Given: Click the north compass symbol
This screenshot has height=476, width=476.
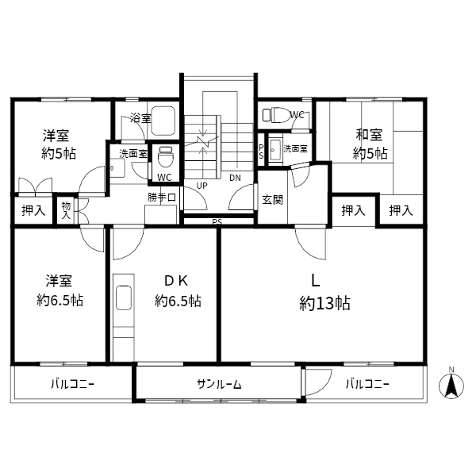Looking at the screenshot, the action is tap(451, 386).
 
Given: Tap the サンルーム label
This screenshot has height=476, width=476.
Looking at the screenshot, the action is tap(219, 385).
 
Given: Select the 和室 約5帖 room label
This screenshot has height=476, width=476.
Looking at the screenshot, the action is tap(370, 144).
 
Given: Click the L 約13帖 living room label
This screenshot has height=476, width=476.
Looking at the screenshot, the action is tap(324, 293).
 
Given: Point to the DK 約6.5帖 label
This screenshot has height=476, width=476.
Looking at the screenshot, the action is tap(178, 291).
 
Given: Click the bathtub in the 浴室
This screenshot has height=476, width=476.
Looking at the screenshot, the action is tap(163, 121).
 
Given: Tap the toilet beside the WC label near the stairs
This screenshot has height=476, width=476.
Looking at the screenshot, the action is tap(166, 156).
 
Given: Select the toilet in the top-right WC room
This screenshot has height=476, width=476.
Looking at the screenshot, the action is tap(275, 115).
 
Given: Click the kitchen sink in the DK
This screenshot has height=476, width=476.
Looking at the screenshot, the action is tap(124, 297).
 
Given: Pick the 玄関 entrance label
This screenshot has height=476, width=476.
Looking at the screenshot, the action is tap(272, 200).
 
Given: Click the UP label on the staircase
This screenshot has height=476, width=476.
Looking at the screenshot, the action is tap(202, 186).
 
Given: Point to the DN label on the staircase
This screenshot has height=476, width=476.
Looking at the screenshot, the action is tap(235, 178).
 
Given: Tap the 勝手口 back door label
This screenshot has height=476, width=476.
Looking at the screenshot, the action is tap(162, 198).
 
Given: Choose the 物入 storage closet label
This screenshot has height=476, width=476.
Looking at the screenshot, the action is tap(66, 210).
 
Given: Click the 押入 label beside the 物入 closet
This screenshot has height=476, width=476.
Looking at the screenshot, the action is tap(33, 210).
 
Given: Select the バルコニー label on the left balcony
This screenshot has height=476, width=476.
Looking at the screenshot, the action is tap(72, 385).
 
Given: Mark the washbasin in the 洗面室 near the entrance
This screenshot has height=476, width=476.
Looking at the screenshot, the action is tap(275, 151).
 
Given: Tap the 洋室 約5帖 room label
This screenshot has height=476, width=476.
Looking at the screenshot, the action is tap(58, 144).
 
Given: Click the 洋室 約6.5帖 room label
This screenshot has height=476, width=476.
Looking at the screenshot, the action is tap(59, 290).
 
